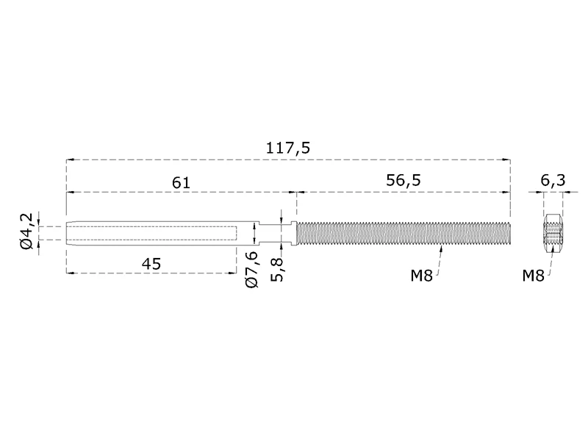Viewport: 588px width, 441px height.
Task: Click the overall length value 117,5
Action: click(x=287, y=148)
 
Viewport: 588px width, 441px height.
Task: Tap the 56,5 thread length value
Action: click(x=404, y=181)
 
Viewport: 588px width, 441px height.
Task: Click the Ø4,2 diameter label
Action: click(x=26, y=232)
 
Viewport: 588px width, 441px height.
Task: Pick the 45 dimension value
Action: click(x=152, y=263)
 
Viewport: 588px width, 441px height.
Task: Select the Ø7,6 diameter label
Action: click(x=252, y=268)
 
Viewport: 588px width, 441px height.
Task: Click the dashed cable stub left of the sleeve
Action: click(x=51, y=234)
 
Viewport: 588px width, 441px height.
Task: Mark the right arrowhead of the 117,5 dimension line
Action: click(x=506, y=159)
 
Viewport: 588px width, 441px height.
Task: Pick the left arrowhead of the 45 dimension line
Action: click(x=70, y=273)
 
